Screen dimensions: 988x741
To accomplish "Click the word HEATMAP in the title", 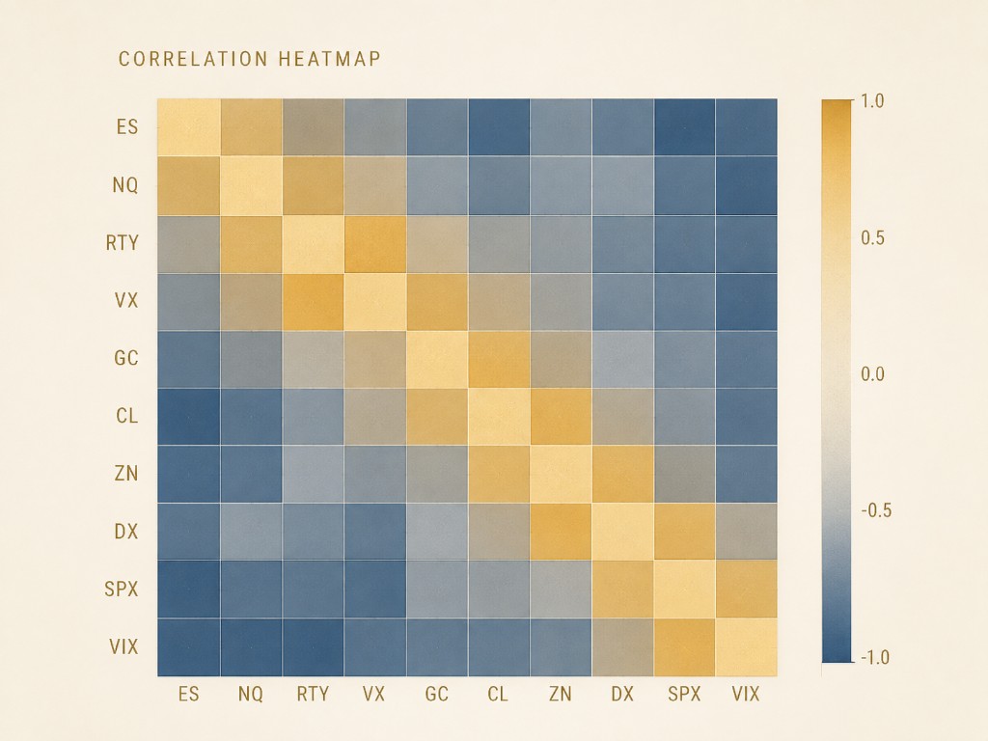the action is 329,59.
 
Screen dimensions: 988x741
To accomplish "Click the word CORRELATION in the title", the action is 193,59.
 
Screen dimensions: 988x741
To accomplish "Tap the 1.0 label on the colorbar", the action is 872,100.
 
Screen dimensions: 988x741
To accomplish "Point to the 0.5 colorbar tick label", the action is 872,237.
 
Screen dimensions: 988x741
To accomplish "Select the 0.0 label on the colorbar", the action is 872,374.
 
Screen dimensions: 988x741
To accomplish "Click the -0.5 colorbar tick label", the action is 876,510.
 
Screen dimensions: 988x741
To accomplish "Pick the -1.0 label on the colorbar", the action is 874,657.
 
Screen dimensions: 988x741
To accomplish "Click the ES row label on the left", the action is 126,126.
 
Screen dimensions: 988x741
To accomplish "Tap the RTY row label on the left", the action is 122,242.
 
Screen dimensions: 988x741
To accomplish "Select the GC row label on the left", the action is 126,358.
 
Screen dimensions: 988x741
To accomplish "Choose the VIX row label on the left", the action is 123,646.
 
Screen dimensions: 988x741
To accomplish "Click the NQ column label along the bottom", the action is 250,694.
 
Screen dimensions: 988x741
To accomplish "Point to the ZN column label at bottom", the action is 560,694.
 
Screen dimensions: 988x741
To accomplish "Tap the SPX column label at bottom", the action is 684,694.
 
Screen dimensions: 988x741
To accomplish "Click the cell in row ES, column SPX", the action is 684,126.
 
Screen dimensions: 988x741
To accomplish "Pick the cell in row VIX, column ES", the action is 188,647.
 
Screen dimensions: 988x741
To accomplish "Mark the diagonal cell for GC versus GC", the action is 437,359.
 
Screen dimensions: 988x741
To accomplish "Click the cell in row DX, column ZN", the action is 561,532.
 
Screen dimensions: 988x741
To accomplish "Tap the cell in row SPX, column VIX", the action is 746,590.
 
